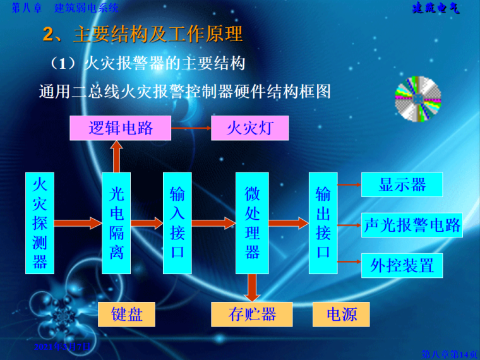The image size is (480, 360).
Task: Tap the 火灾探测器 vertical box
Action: tap(40, 222)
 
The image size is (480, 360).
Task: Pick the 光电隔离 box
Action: tap(116, 222)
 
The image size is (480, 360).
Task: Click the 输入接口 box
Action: tap(177, 222)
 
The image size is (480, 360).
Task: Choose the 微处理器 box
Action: tap(252, 222)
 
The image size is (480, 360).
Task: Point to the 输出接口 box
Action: tap(323, 222)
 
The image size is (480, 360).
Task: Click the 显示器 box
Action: tap(402, 184)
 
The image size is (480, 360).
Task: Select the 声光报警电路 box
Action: tap(412, 225)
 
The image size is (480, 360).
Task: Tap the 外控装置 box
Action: tap(402, 265)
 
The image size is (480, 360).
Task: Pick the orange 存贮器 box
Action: tap(252, 314)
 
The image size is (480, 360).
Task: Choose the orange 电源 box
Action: tap(341, 314)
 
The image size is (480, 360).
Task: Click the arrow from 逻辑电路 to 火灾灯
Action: tap(191, 128)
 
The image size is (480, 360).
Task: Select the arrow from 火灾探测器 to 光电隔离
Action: tap(78, 222)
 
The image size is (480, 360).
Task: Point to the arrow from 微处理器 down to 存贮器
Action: tap(252, 287)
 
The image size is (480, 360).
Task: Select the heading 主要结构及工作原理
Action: tap(158, 34)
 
